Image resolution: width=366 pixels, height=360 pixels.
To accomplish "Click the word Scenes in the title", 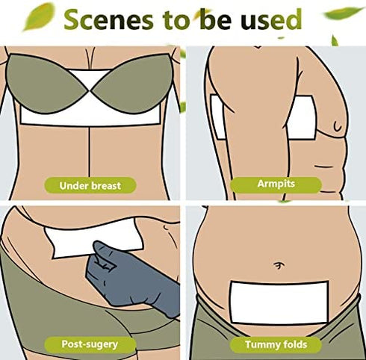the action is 108,20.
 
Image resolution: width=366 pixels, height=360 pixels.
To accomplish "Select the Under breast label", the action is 90,185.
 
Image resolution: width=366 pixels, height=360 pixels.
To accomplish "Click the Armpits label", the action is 276,184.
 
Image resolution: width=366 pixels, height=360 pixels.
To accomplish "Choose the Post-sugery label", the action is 90,344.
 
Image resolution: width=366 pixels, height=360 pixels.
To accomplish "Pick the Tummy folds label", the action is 276,345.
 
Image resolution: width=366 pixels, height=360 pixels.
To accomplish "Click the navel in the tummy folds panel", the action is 277,266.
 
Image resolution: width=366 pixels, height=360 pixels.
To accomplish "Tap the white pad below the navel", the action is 279,302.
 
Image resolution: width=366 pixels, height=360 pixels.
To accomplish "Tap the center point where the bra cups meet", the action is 90,91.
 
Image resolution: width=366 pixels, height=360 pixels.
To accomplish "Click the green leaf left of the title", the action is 39,16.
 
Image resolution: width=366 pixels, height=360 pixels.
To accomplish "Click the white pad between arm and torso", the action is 302,117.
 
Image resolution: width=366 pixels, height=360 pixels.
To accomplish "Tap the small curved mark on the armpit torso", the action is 338,126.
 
